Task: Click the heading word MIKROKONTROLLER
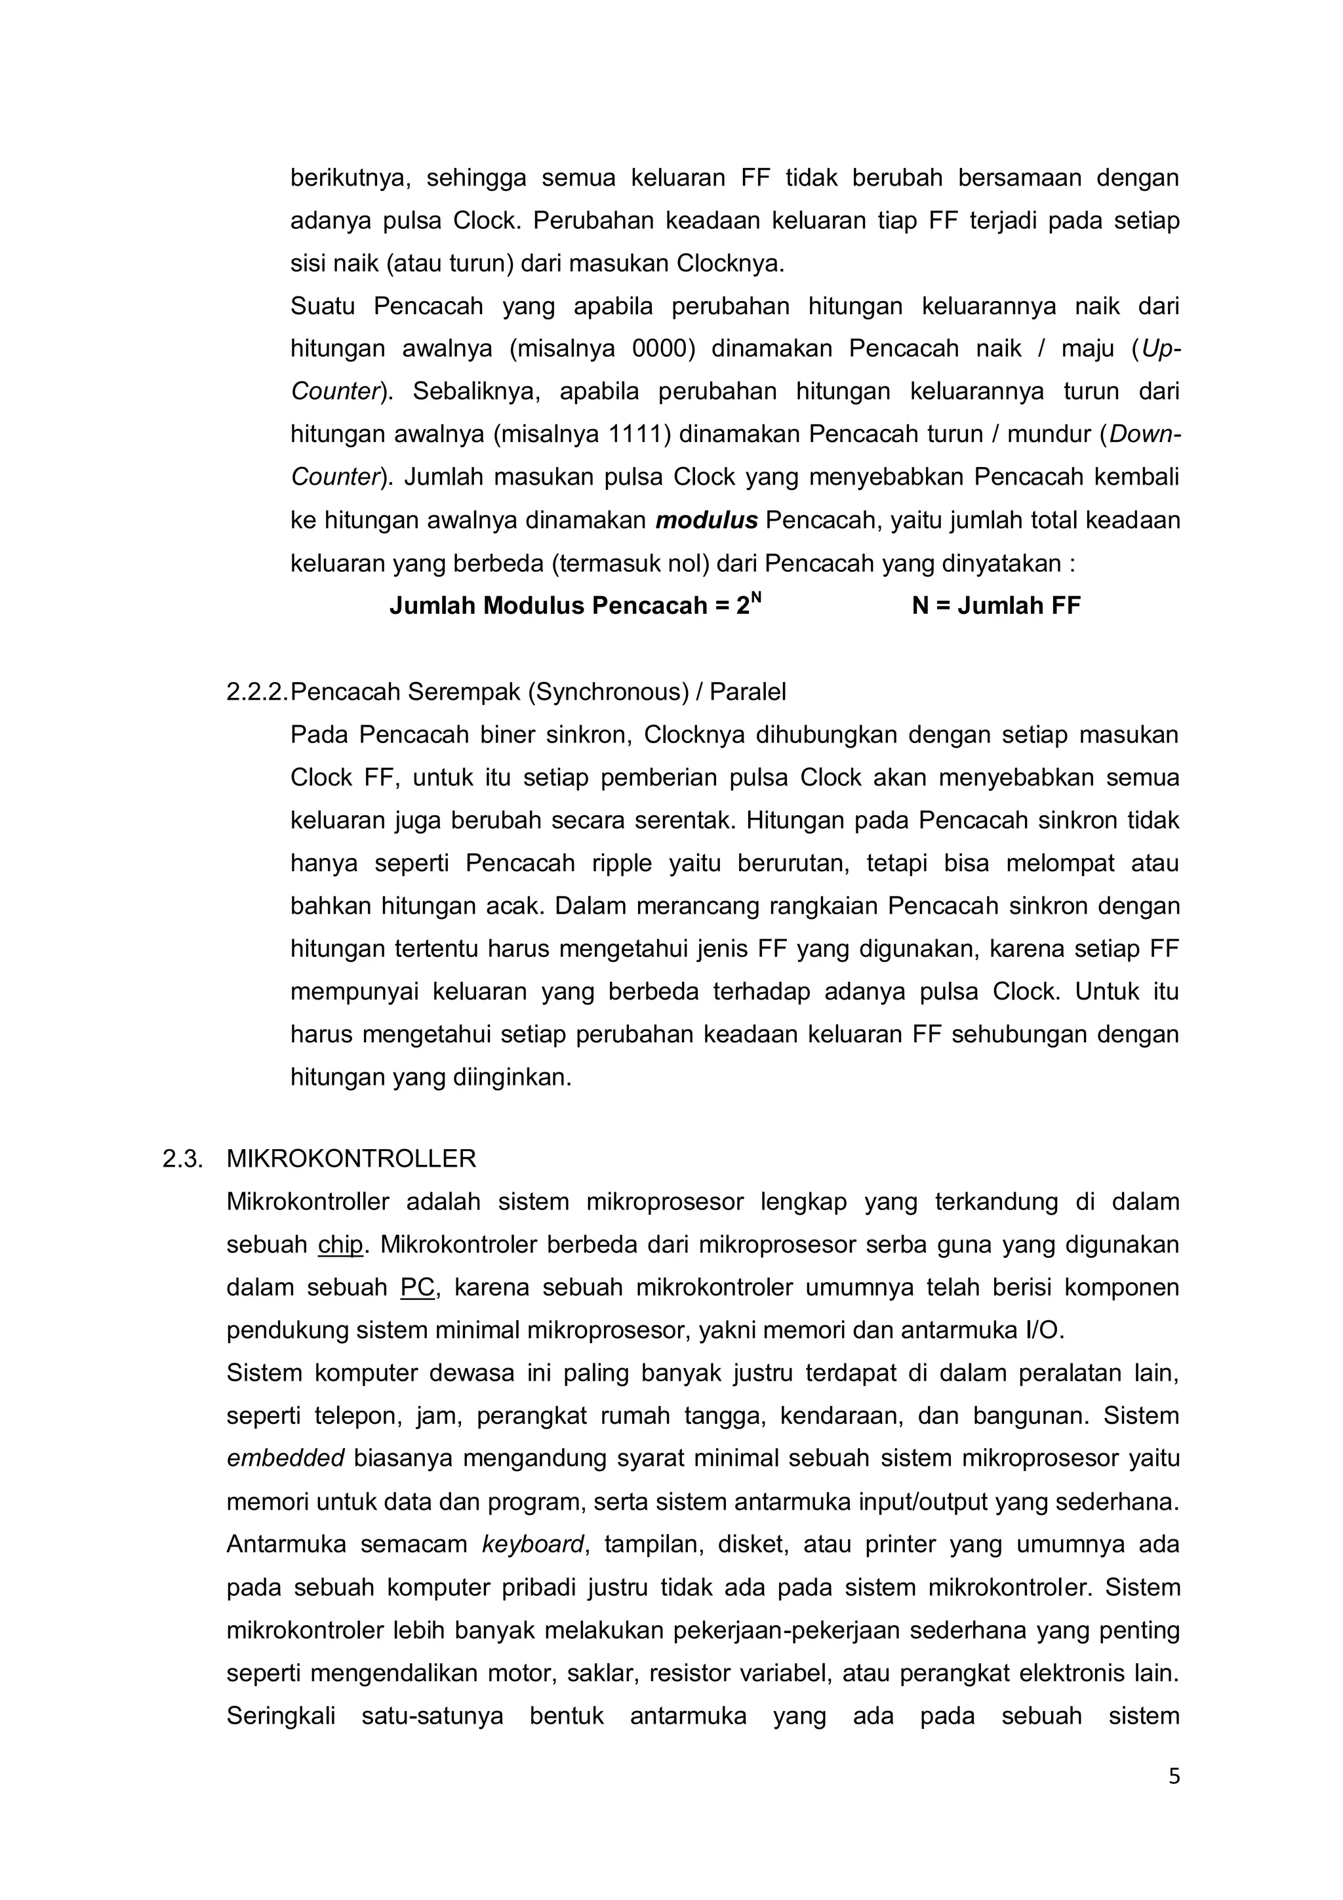pos(351,1158)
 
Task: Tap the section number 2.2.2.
pos(256,692)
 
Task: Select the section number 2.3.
pos(182,1158)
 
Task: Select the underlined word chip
pos(340,1245)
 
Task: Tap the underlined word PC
pos(417,1287)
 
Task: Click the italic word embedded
pos(285,1459)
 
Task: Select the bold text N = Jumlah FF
pos(995,607)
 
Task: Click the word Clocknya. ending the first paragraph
pos(730,264)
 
